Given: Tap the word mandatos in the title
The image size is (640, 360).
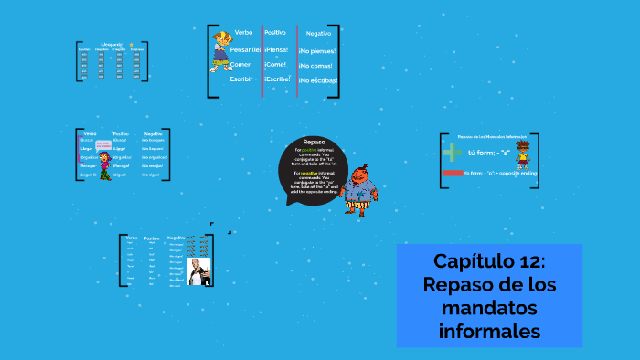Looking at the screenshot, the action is pos(489,308).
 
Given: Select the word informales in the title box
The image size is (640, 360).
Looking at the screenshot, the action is pos(489,331).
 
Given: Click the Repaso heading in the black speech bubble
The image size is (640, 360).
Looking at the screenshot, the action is pos(314,142).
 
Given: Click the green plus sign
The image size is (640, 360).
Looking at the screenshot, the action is pos(452,153).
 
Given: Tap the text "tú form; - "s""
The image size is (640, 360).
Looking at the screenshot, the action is pos(488,153).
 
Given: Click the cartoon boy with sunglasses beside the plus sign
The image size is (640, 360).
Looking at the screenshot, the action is pos(522,155).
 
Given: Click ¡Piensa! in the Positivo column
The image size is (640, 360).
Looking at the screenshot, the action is pos(276,49).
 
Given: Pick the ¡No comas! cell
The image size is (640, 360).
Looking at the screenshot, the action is pos(317,66).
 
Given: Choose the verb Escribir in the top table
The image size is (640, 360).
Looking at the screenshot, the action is pos(240,79).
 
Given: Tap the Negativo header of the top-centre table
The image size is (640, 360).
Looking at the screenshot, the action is pos(318,34).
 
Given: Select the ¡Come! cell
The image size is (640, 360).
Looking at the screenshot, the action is pos(275,65).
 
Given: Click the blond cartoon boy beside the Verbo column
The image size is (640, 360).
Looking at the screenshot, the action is pos(220,51).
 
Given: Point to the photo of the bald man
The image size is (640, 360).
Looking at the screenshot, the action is pos(198,270).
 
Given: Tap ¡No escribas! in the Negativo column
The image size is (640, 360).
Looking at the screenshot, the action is pos(317,81).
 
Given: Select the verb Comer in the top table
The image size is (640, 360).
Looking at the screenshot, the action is pos(240,64).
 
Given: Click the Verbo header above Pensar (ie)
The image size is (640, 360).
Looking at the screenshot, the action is pos(243,33).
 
